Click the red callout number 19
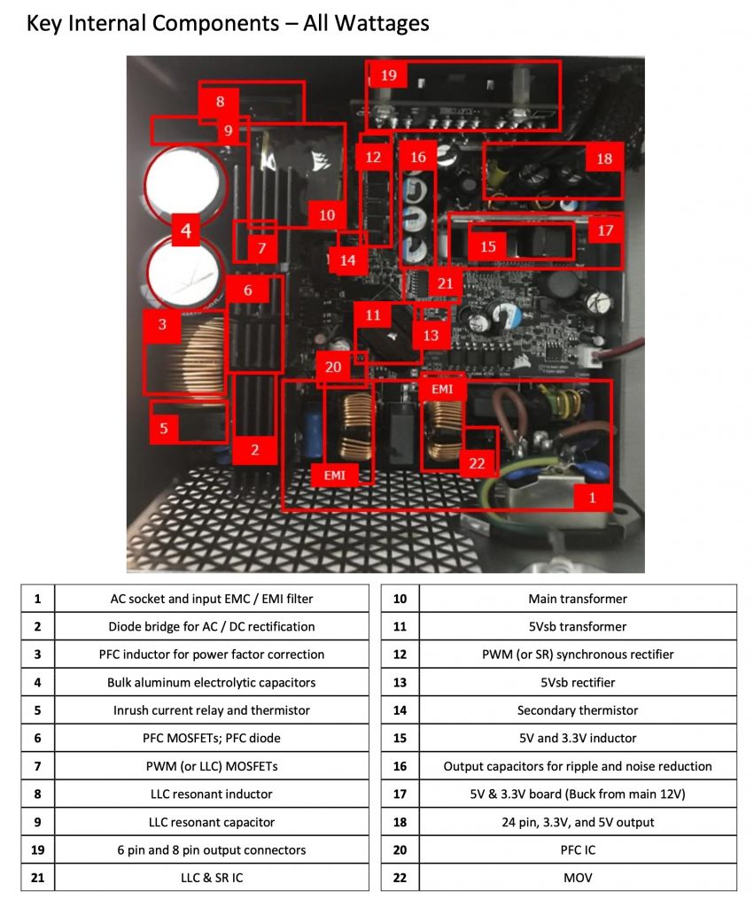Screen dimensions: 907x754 (x=388, y=74)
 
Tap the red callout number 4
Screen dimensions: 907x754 (x=185, y=232)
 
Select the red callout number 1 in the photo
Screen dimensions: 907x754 (x=592, y=497)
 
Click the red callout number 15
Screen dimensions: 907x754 (x=488, y=247)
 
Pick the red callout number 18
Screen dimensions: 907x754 (x=603, y=159)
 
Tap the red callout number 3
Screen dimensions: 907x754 (x=162, y=325)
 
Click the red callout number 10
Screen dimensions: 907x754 (x=326, y=214)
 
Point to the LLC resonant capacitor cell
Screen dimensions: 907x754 (x=211, y=822)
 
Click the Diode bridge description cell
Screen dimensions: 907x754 (x=211, y=626)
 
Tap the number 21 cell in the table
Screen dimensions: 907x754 (x=37, y=878)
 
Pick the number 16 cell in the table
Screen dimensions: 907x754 (x=400, y=766)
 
